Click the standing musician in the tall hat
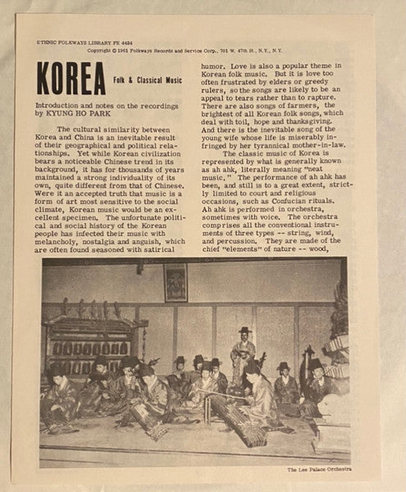(243, 353)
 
